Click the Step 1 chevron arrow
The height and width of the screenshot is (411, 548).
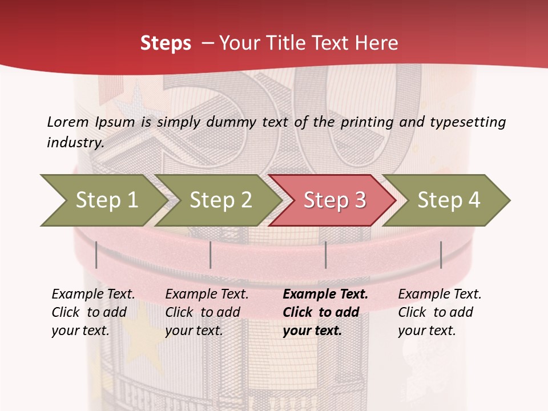coord(103,200)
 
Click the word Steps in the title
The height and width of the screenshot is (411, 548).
coord(166,43)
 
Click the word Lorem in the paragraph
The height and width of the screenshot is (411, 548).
coord(68,122)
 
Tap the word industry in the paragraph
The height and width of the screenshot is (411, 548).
coord(75,143)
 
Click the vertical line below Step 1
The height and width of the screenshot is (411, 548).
coord(96,255)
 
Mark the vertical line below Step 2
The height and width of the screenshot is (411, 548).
coord(211,255)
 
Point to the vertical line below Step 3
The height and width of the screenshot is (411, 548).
coord(325,255)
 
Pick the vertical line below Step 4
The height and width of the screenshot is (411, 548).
coord(441,255)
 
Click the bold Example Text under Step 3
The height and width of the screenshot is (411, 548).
coord(325,295)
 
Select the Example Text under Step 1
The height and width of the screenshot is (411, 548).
coord(93,295)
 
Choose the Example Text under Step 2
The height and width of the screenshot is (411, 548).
coord(207,295)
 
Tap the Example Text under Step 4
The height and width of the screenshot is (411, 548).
coord(440,295)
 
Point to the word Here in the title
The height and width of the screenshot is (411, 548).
coord(375,43)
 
